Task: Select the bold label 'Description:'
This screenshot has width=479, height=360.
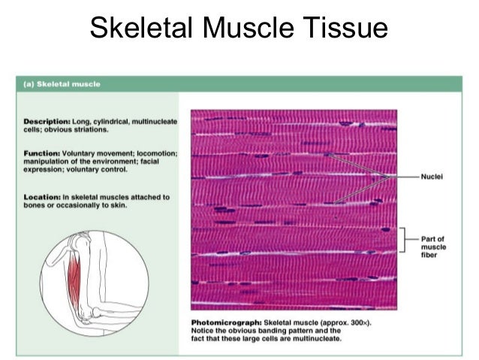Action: coord(46,121)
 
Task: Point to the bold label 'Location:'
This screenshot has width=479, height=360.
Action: coord(42,198)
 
